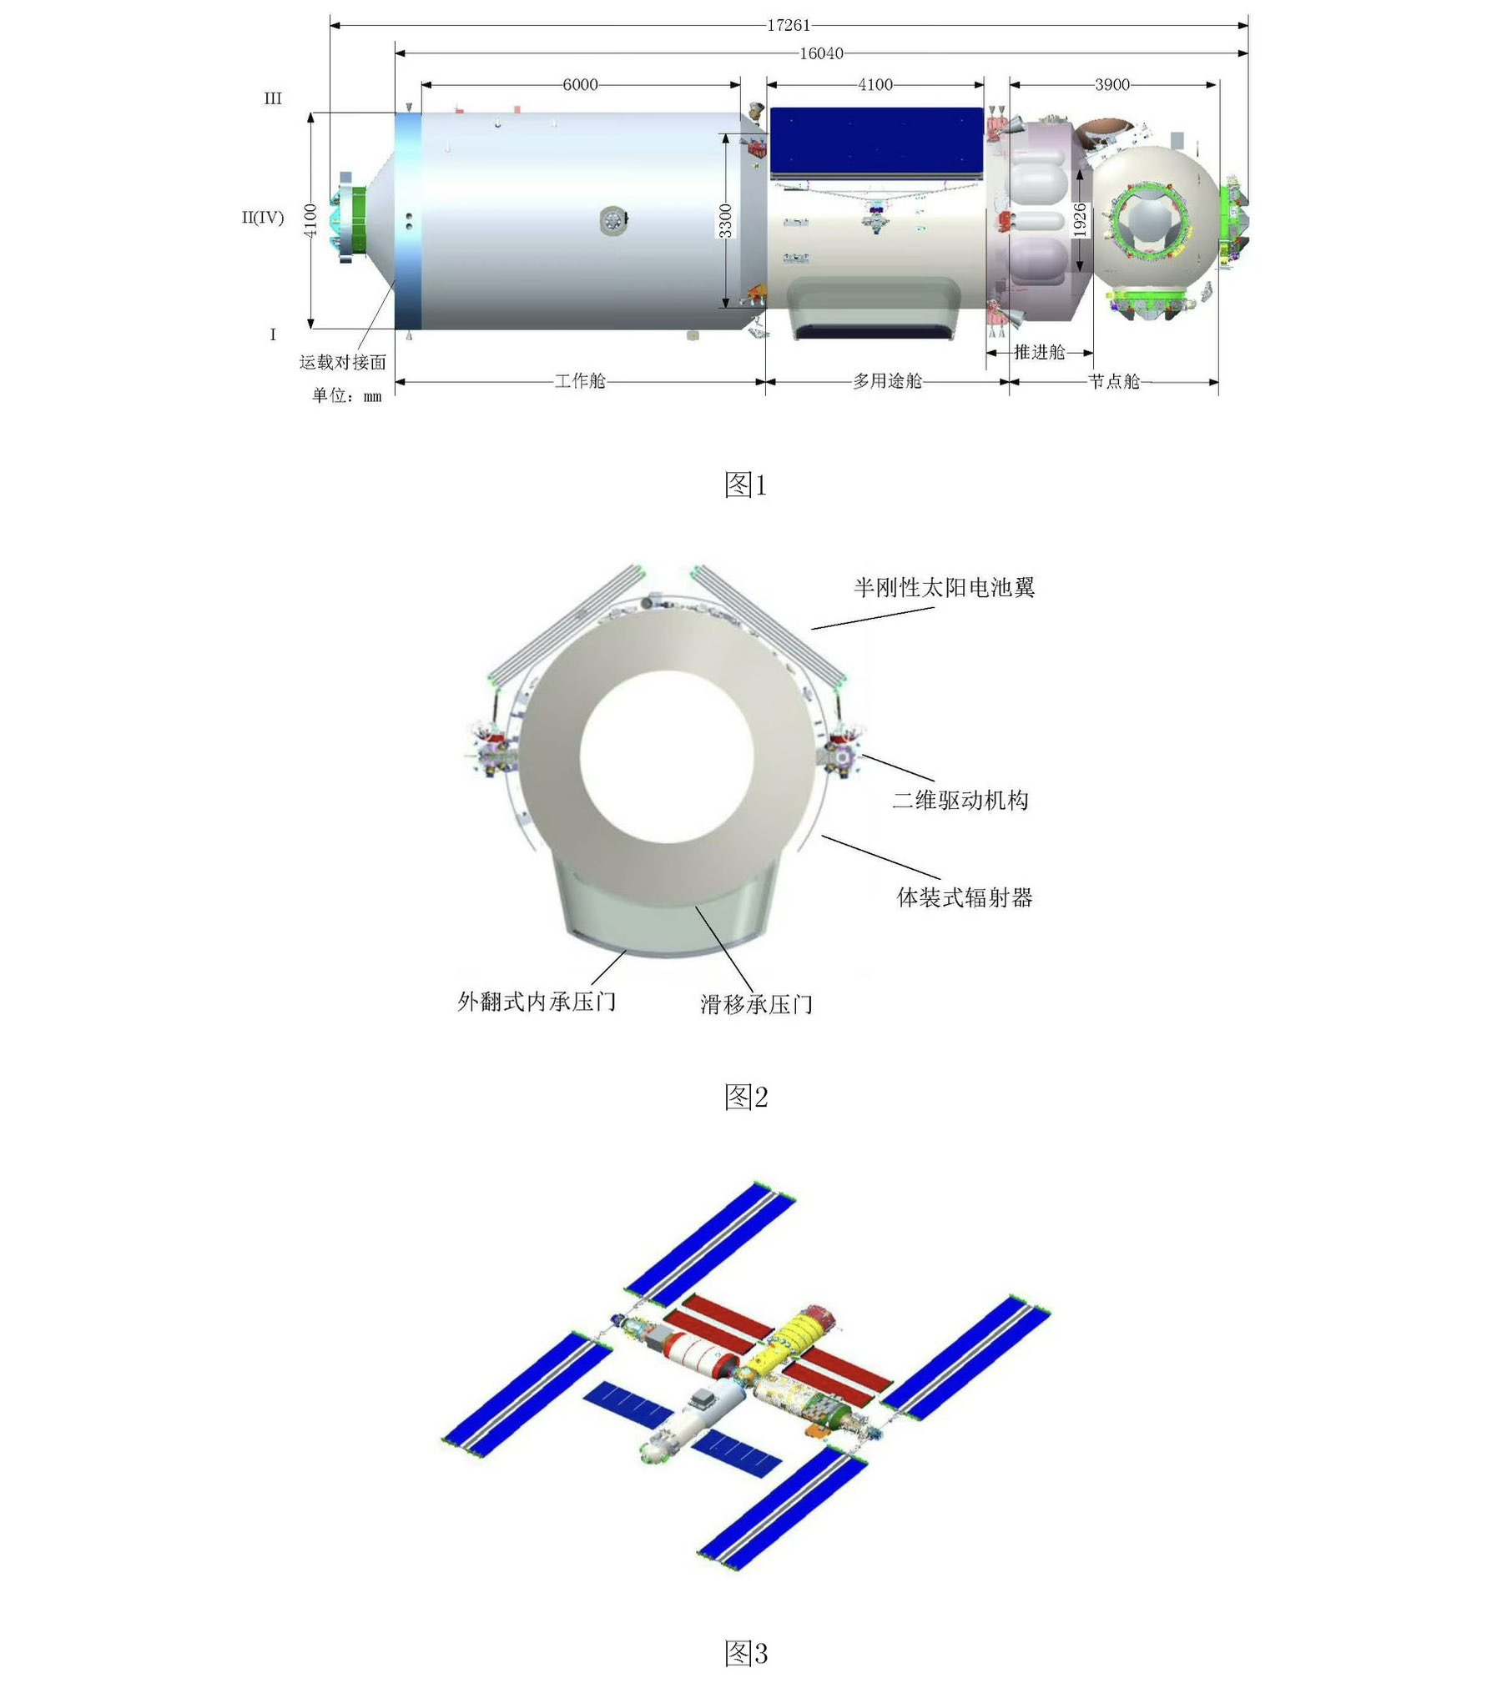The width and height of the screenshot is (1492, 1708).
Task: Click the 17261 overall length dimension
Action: (789, 25)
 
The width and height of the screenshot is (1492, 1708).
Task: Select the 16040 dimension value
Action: (821, 53)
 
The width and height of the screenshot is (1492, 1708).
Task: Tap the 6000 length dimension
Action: (580, 84)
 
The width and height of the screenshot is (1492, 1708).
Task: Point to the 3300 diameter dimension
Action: (726, 220)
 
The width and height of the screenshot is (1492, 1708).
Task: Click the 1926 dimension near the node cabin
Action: (1079, 220)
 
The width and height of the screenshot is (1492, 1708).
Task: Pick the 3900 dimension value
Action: (1112, 84)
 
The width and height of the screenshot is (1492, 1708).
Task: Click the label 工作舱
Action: (580, 381)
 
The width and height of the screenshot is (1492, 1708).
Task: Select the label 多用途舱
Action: (887, 381)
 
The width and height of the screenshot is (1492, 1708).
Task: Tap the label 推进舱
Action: (1040, 352)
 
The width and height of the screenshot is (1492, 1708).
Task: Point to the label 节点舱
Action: (1114, 381)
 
